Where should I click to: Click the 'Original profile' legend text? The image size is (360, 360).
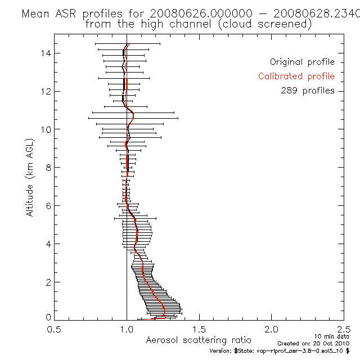click(302, 62)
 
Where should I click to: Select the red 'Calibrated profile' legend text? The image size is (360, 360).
click(296, 76)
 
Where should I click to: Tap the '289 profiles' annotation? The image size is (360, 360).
click(308, 91)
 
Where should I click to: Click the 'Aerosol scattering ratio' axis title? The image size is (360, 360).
click(199, 340)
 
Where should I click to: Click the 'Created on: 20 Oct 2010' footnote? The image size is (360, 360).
click(315, 343)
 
